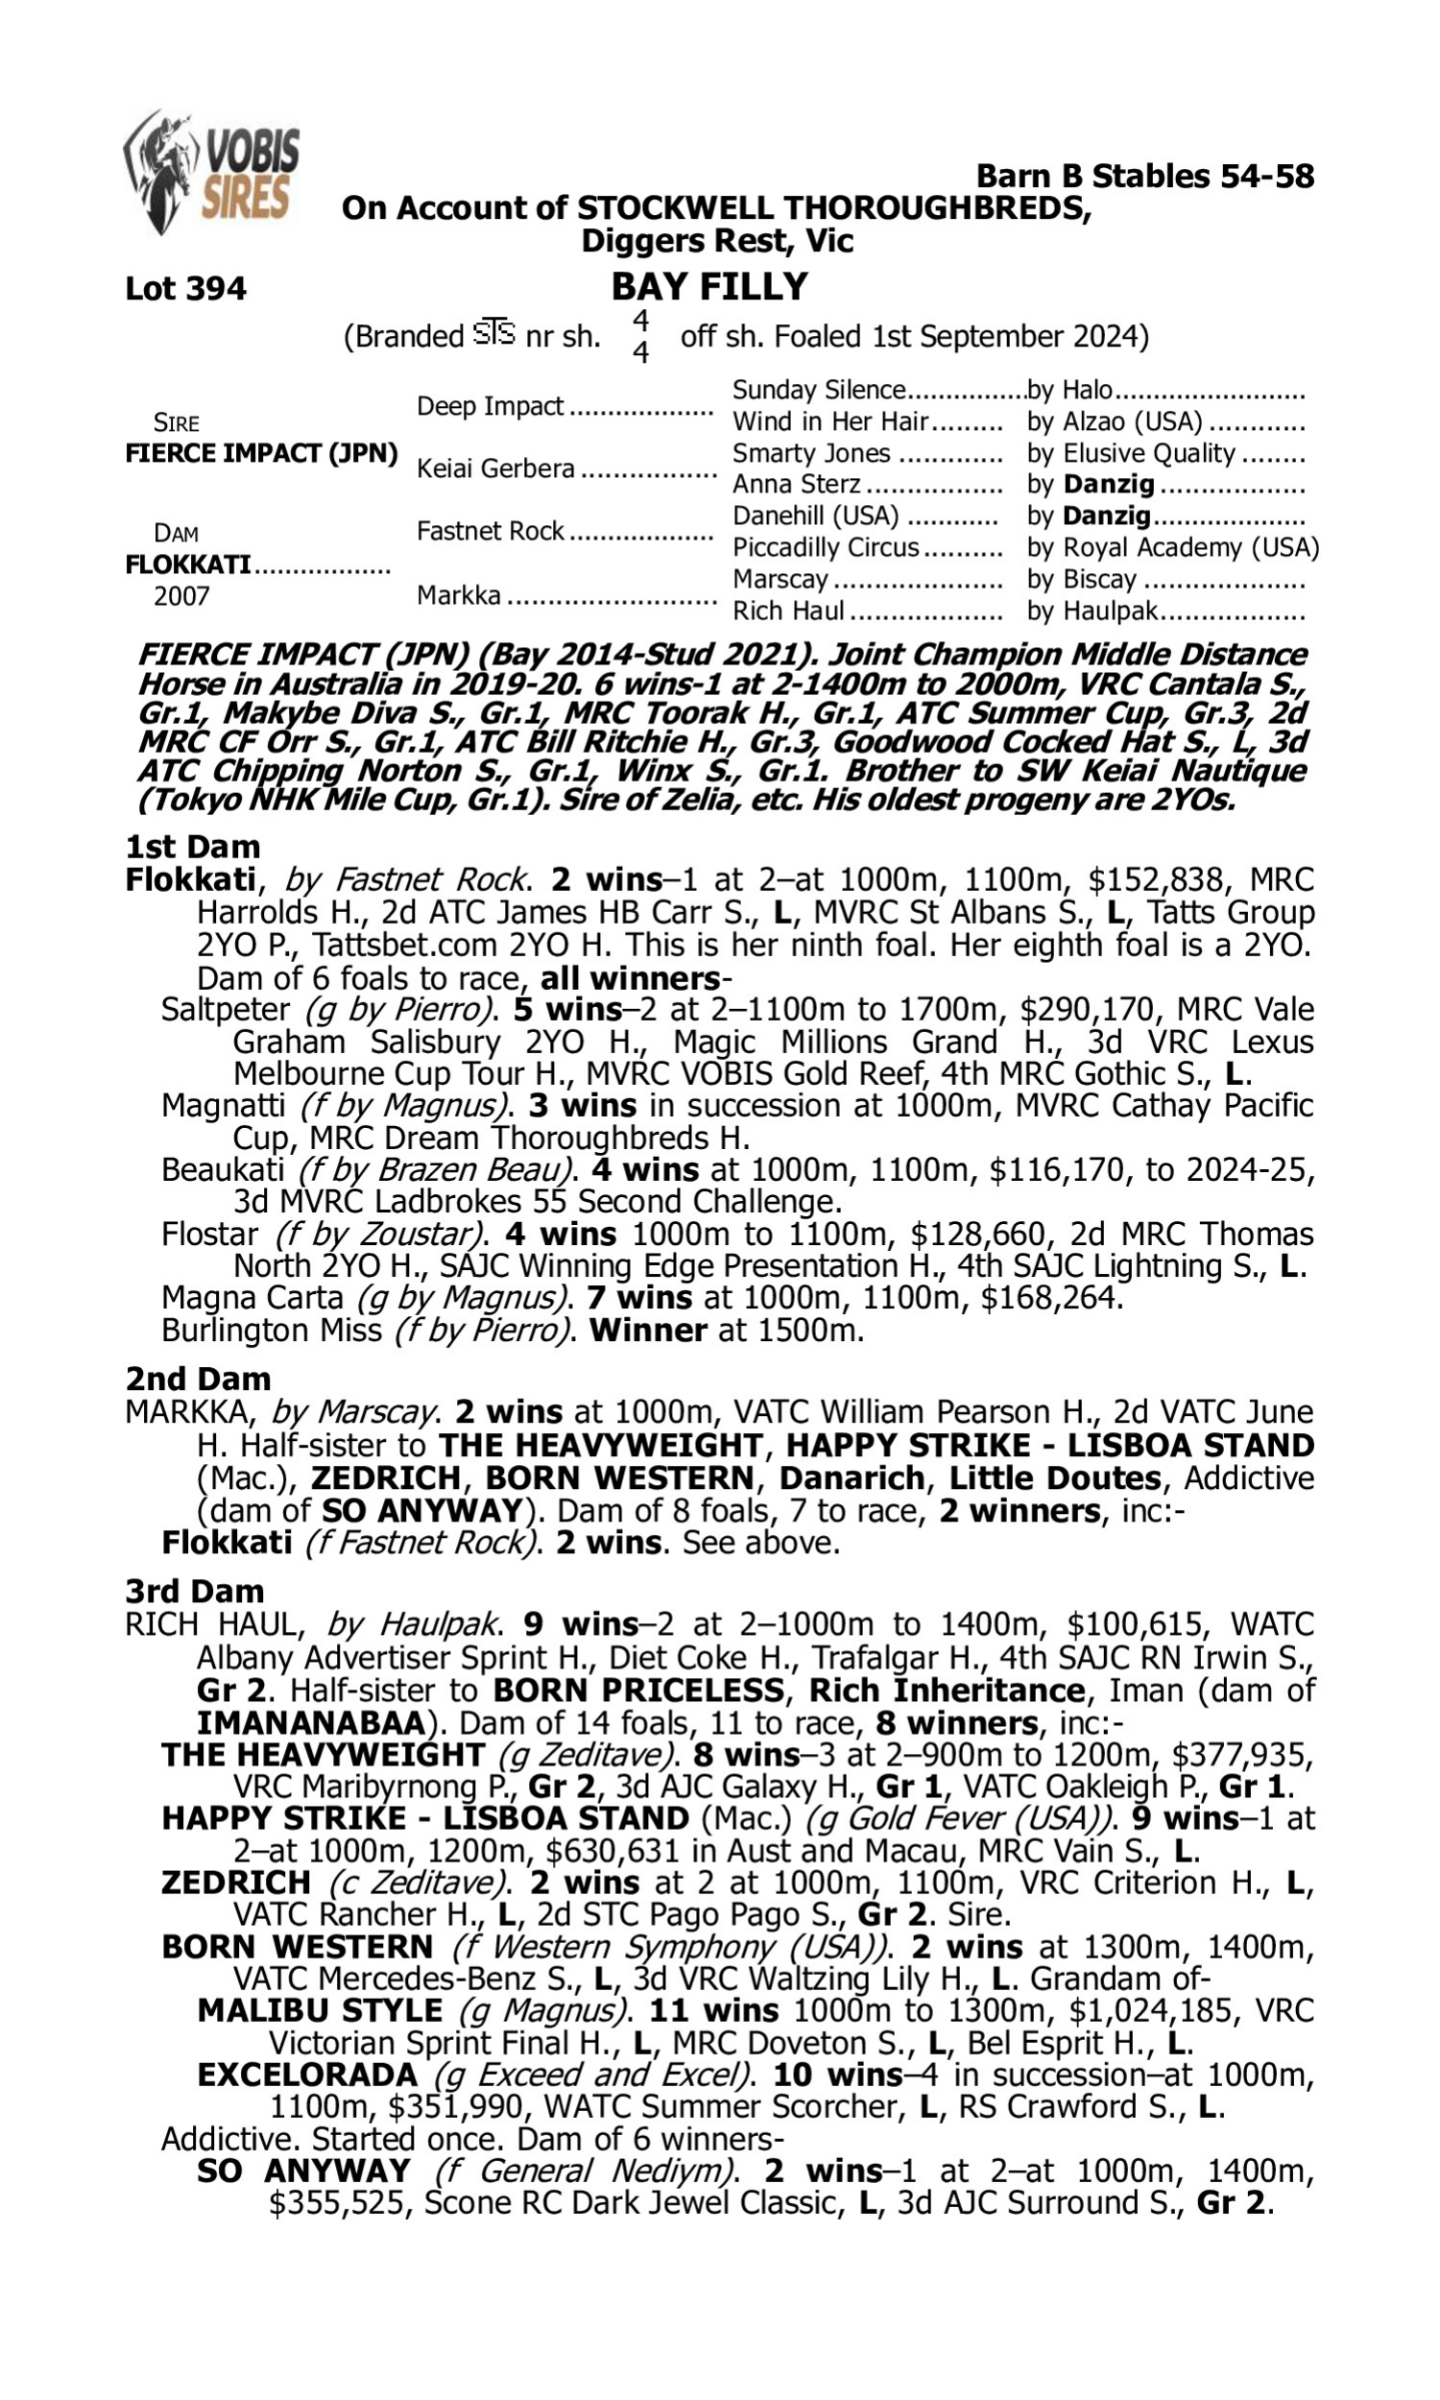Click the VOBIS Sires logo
pos(211,172)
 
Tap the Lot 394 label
pos(185,288)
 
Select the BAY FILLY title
pos(709,286)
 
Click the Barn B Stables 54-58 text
pos(1144,176)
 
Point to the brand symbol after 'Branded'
pos(493,334)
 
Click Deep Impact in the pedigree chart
pos(490,405)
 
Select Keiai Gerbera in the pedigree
pos(496,468)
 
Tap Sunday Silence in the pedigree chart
pos(818,390)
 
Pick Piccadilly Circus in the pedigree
pos(825,547)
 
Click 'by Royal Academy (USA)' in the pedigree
pos(1173,547)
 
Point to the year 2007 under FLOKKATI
pos(181,595)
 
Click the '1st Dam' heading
pos(192,847)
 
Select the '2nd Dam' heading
pos(197,1379)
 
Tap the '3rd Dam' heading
pos(194,1591)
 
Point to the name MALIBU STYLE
pos(320,2011)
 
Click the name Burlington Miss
pos(272,1330)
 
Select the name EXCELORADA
pos(306,2075)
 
